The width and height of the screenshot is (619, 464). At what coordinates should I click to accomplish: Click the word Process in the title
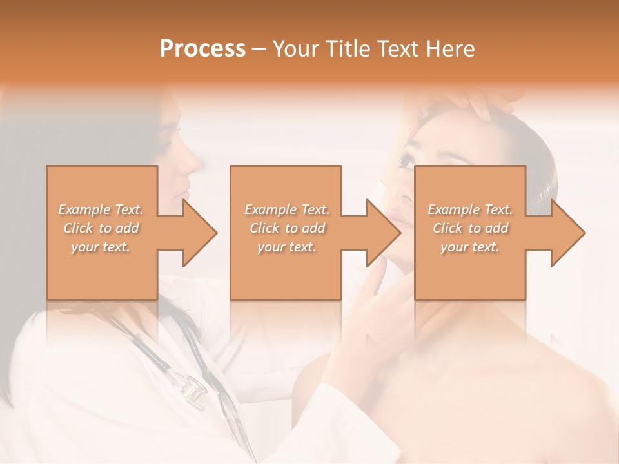pyautogui.click(x=202, y=49)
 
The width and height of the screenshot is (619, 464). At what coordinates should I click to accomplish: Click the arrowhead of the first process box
pyautogui.click(x=199, y=233)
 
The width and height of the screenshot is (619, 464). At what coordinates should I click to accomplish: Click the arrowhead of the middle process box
pyautogui.click(x=382, y=233)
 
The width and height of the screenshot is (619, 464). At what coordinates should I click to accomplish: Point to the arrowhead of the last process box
pyautogui.click(x=567, y=233)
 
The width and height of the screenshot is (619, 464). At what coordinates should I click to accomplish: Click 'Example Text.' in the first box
pyautogui.click(x=101, y=209)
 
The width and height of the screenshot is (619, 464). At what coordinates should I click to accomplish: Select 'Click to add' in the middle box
pyautogui.click(x=287, y=228)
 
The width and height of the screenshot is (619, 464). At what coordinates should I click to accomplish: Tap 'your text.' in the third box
pyautogui.click(x=470, y=247)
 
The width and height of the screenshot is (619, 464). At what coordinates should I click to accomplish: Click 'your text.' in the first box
pyautogui.click(x=101, y=247)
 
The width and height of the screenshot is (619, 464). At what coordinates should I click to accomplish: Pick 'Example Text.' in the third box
pyautogui.click(x=470, y=209)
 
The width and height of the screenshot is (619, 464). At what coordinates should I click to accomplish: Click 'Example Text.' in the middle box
pyautogui.click(x=287, y=209)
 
